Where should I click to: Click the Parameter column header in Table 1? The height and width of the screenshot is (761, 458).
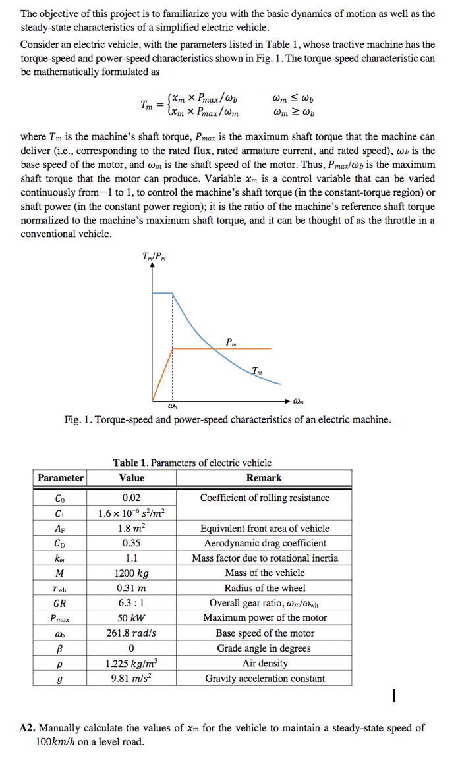pyautogui.click(x=60, y=478)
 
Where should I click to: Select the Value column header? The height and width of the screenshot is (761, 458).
pyautogui.click(x=132, y=478)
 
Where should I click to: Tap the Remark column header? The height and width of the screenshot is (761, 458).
pyautogui.click(x=264, y=478)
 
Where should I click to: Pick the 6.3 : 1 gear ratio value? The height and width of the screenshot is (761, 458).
pyautogui.click(x=132, y=603)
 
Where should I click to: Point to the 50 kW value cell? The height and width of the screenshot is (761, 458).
pyautogui.click(x=132, y=618)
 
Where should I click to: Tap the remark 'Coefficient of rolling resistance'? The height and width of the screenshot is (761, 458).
pyautogui.click(x=265, y=498)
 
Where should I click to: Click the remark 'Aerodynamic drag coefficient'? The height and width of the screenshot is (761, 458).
pyautogui.click(x=265, y=543)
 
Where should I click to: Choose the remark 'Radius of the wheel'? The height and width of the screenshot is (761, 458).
pyautogui.click(x=265, y=588)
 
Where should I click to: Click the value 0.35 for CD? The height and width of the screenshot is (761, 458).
pyautogui.click(x=132, y=543)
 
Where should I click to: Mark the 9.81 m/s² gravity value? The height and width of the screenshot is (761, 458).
pyautogui.click(x=132, y=678)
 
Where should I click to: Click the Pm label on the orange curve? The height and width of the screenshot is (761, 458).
pyautogui.click(x=230, y=341)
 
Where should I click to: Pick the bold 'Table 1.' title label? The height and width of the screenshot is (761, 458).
pyautogui.click(x=131, y=463)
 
